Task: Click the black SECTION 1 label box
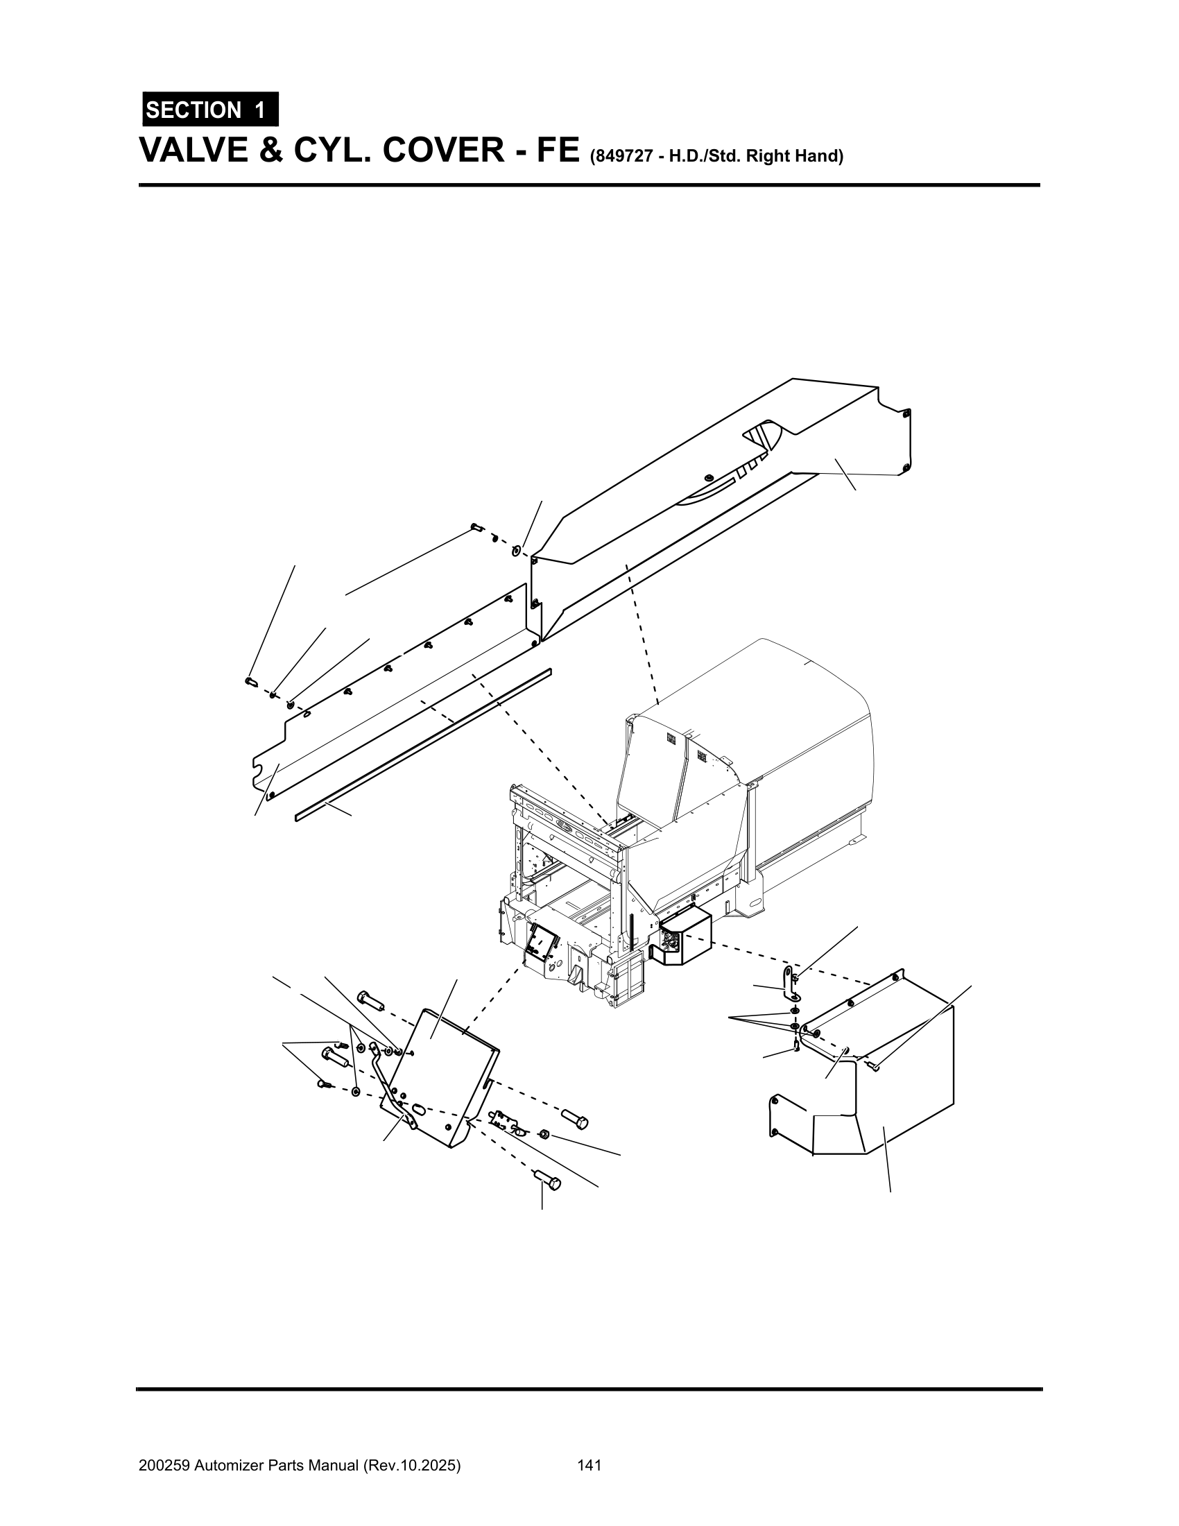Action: point(210,110)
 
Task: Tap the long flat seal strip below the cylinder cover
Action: point(423,744)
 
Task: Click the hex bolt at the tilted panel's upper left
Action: point(370,1000)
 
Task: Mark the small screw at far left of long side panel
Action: point(252,682)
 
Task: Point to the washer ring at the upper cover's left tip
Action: point(515,550)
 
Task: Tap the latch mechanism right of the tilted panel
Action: point(508,1121)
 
